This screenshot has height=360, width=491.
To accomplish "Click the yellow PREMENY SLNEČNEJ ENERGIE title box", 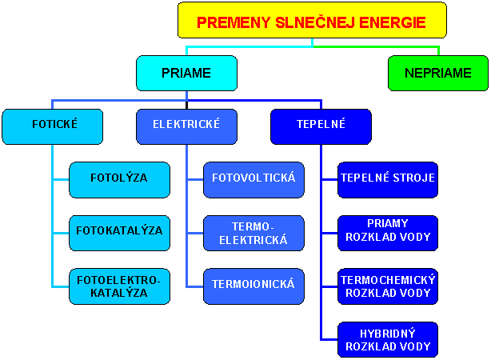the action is click(312, 20).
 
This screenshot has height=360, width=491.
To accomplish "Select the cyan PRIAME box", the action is click(186, 74).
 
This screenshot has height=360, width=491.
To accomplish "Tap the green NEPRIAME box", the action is click(438, 74).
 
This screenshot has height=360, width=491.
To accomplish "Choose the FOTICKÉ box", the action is click(52, 126).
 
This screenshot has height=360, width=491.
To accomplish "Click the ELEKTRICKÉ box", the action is click(186, 126).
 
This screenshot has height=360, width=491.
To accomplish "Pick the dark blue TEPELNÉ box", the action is click(321, 126).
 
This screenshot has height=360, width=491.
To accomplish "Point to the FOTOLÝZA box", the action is click(120, 180).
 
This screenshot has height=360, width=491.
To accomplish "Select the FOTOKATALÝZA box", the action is click(120, 233).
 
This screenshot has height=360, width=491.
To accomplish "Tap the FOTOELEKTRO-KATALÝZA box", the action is click(120, 286).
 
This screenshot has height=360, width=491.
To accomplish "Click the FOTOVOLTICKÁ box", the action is click(254, 180).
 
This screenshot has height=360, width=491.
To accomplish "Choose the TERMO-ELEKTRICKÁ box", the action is click(254, 233).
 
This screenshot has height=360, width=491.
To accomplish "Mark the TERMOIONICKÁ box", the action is click(254, 286).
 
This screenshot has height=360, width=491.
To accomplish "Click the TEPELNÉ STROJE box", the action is click(388, 180).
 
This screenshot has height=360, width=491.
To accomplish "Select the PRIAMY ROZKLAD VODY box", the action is click(388, 233).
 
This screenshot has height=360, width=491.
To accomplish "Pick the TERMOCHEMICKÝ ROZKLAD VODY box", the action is click(388, 286).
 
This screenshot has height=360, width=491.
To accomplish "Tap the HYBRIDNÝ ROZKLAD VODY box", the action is click(388, 340).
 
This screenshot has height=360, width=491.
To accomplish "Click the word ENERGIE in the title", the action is click(393, 22).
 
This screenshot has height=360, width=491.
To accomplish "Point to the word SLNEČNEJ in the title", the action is click(315, 22).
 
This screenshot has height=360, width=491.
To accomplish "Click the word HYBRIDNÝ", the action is click(388, 334).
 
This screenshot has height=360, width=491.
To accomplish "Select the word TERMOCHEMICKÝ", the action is click(388, 279).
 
